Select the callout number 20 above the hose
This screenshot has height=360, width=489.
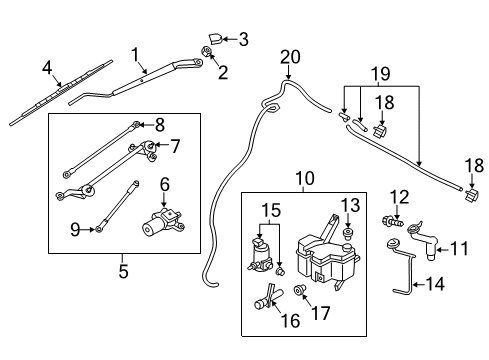(x=290, y=56)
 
